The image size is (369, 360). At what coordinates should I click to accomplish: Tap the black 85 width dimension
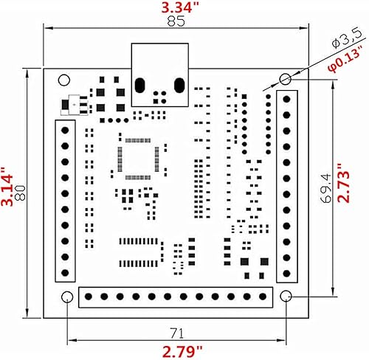[x=176, y=22]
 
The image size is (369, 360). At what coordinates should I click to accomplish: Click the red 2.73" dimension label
[x=360, y=183]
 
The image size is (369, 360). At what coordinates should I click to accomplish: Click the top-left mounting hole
[x=64, y=76]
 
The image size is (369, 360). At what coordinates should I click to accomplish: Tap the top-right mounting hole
[x=286, y=79]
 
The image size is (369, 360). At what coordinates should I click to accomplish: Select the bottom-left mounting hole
[x=67, y=297]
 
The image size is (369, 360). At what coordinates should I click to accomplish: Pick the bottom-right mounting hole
[x=286, y=297]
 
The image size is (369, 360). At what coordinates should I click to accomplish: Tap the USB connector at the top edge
[x=159, y=74]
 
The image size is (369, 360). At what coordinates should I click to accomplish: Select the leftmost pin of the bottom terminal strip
[x=89, y=297]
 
